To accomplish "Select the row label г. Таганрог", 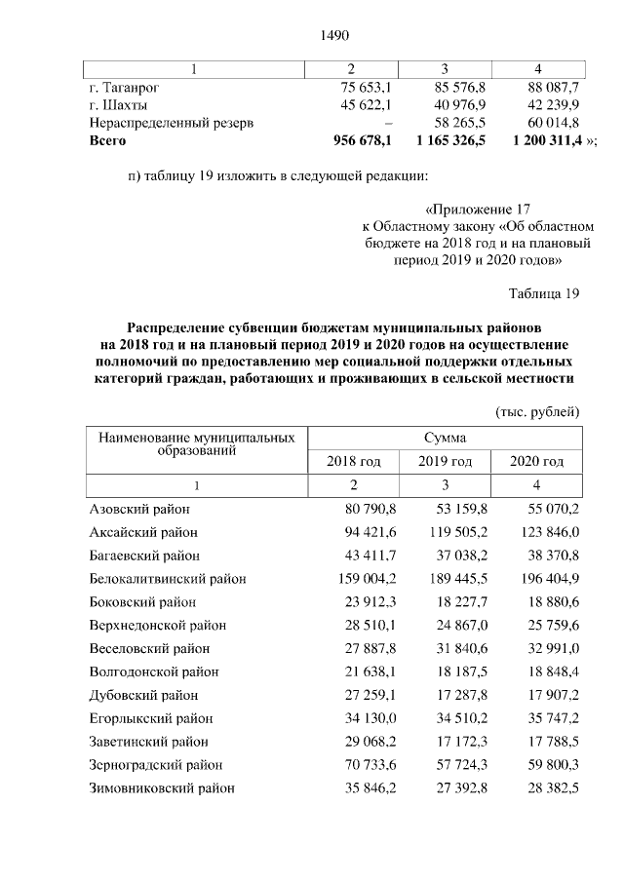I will [x=124, y=87].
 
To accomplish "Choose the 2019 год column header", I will [x=444, y=461].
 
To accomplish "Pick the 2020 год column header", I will [x=537, y=461].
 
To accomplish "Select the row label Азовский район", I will [x=139, y=509].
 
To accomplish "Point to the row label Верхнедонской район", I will [x=150, y=625].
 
